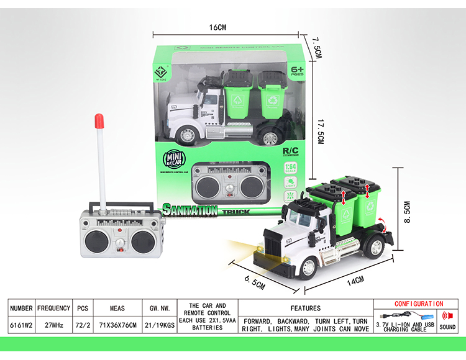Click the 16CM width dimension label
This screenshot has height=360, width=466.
coord(217,27)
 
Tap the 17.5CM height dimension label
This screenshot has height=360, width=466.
coord(319,132)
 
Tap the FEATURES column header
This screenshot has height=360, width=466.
coord(306,308)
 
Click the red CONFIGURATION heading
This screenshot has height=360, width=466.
coord(419,304)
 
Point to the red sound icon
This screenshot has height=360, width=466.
coord(447,315)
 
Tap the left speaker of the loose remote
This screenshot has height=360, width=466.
coord(96,241)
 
